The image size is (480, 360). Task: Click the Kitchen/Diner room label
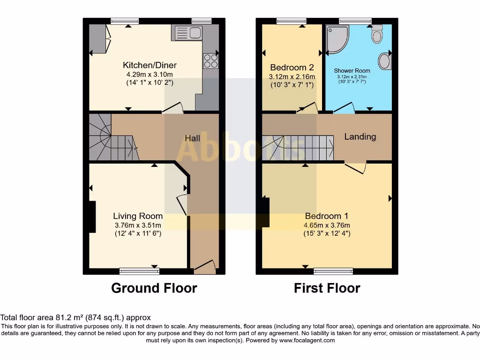pyautogui.click(x=150, y=65)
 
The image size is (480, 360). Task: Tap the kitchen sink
pyautogui.click(x=187, y=32)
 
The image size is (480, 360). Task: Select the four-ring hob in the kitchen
pyautogui.click(x=210, y=61)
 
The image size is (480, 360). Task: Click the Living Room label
pyautogui.click(x=138, y=216)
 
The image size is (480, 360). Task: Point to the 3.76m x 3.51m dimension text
pyautogui.click(x=138, y=225)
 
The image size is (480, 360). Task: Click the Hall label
pyautogui.click(x=192, y=138)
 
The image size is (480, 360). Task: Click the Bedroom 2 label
pyautogui.click(x=291, y=67)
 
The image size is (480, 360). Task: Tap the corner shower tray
pyautogui.click(x=337, y=38)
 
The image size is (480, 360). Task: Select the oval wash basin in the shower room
pyautogui.click(x=384, y=61)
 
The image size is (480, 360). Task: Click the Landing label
pyautogui.click(x=360, y=136)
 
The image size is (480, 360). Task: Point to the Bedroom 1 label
pyautogui.click(x=326, y=216)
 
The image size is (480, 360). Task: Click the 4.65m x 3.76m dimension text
pyautogui.click(x=326, y=225)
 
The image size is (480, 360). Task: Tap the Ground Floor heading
pyautogui.click(x=154, y=288)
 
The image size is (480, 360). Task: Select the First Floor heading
pyautogui.click(x=327, y=288)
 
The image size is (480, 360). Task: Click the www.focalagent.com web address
pyautogui.click(x=307, y=340)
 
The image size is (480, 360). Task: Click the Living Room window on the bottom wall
pyautogui.click(x=139, y=271)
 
